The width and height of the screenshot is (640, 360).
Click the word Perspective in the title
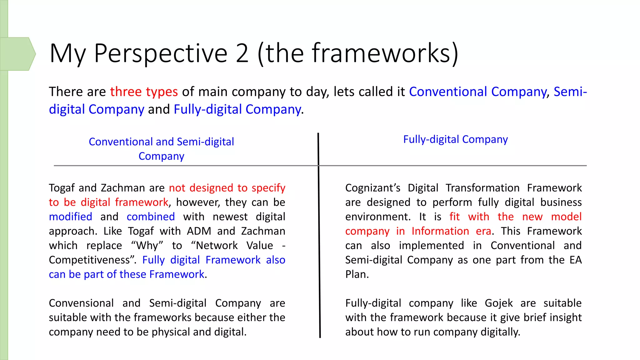point(160,53)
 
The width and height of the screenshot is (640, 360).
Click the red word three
point(126,92)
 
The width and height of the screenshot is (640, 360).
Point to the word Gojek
point(499,303)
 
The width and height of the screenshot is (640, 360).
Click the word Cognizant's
point(372,188)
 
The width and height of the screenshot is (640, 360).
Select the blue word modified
point(71,217)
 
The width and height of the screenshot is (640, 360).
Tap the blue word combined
point(151,217)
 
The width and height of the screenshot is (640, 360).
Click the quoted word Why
point(147,246)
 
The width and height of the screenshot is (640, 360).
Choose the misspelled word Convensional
point(81,303)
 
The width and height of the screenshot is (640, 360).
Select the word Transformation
point(482,188)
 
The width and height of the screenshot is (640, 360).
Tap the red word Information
point(440,231)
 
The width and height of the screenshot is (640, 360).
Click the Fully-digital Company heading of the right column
point(455,139)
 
